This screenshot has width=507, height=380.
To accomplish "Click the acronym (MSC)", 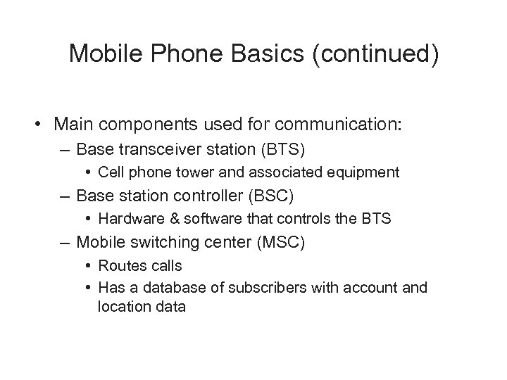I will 283,242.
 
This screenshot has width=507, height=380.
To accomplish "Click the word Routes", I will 120,265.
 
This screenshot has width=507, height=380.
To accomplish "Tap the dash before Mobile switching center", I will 66,242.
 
